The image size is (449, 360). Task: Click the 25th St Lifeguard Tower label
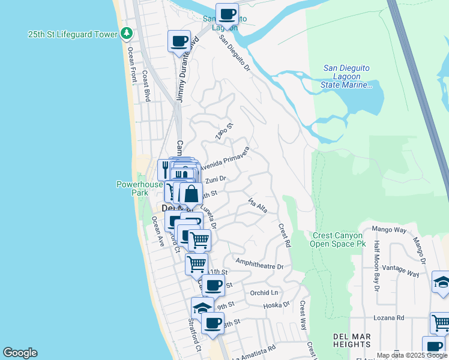[x=73, y=34]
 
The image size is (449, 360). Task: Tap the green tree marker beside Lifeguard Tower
[x=126, y=34]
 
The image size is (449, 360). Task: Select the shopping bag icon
[x=191, y=194]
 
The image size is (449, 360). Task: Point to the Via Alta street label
[x=256, y=206]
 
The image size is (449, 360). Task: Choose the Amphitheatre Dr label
[x=259, y=262]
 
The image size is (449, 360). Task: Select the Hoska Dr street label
[x=276, y=305]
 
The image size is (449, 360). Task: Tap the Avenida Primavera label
[x=226, y=158]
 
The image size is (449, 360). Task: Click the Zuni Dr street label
[x=215, y=179]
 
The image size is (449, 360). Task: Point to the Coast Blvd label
[x=146, y=86]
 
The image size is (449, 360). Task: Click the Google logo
[x=20, y=353]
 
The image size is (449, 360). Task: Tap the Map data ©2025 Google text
[x=411, y=355]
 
